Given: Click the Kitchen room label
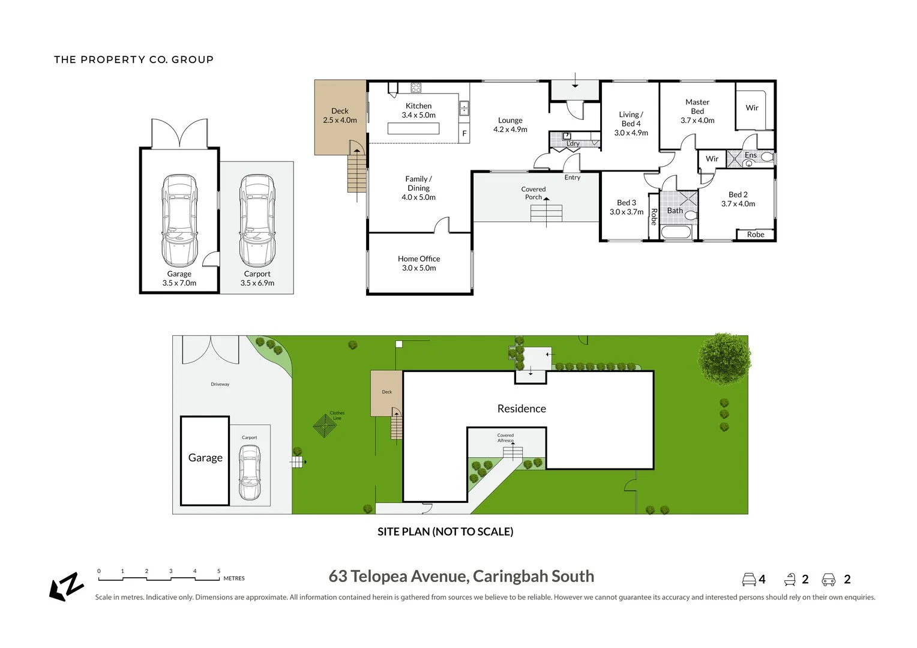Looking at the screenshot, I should pos(418,106).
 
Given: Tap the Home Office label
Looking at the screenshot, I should pos(418,259).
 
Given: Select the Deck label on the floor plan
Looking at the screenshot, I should pos(340,111).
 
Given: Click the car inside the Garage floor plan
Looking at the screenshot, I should pos(179,220).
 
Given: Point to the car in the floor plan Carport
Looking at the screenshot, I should pos(257,220).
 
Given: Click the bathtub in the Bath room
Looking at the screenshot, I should pos(676,232).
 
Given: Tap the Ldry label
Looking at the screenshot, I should pos(573,144).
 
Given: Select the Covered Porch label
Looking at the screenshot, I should pos(533,193).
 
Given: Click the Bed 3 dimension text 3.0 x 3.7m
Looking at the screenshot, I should pos(626,212).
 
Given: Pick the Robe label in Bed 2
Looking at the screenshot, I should pos(756,235).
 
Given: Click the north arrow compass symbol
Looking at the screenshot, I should pos(66,586).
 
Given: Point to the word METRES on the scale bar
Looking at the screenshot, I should pos(234,578).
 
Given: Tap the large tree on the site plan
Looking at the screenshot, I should pos(724,358).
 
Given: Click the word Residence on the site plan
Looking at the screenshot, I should pos(522,409).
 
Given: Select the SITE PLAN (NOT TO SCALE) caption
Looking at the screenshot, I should pos(445,532).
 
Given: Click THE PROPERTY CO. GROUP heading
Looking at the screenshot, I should pos(134,59).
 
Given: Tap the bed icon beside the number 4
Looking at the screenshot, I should pos(748,580).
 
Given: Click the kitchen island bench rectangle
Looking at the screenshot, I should pos(413,128).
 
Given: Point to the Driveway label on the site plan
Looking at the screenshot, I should pos(220,384).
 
